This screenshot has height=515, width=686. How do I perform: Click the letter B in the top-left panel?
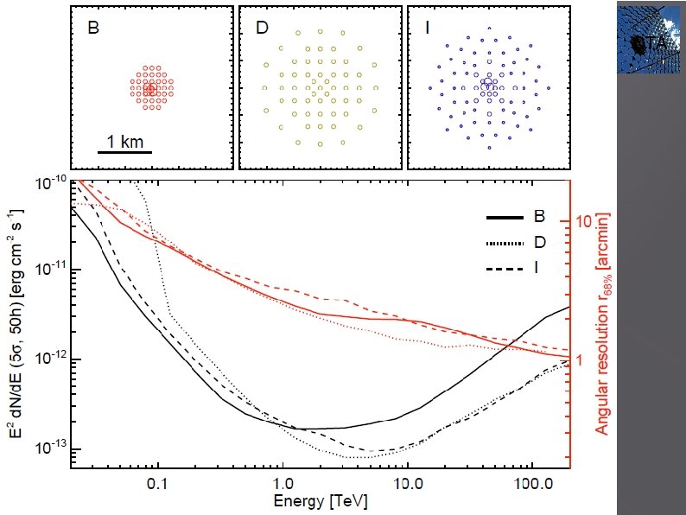click(x=94, y=27)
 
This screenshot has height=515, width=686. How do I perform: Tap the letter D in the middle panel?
click(x=263, y=27)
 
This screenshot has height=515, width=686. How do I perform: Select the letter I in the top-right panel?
click(x=428, y=27)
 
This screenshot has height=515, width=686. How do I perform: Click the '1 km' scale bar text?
click(x=124, y=140)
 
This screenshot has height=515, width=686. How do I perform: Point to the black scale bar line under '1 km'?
click(x=124, y=153)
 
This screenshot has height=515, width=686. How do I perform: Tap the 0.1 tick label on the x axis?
click(x=157, y=486)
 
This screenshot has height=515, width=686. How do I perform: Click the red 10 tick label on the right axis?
click(x=583, y=222)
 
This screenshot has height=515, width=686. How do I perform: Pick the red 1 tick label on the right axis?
click(x=580, y=359)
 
